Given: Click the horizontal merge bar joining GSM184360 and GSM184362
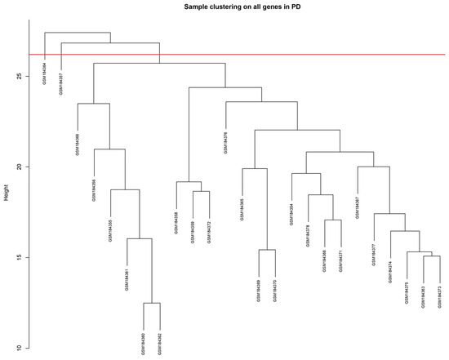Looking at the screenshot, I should pos(152,304).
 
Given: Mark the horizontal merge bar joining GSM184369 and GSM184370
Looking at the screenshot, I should pos(267,250).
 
